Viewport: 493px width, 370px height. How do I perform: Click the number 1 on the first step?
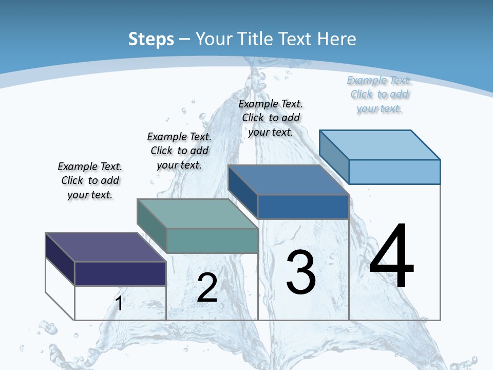tap(119, 304)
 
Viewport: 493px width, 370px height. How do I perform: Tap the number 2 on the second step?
tap(207, 288)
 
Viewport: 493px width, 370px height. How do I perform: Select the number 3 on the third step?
tap(301, 272)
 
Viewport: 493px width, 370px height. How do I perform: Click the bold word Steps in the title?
tap(151, 39)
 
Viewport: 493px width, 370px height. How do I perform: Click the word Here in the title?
tap(336, 39)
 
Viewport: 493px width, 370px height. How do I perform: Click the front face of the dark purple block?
tap(120, 273)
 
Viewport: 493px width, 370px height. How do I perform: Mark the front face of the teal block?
tap(212, 240)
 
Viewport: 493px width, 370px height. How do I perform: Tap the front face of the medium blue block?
tap(303, 207)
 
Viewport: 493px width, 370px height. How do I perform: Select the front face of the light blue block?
tap(394, 172)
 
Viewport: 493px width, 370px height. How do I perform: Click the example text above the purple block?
tap(90, 180)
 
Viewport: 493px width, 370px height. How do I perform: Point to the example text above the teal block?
tap(179, 151)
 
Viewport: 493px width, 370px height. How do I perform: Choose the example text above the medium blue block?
tap(271, 118)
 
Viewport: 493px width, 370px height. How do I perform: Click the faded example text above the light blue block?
tap(379, 94)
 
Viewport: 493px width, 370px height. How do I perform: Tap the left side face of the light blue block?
tap(334, 157)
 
